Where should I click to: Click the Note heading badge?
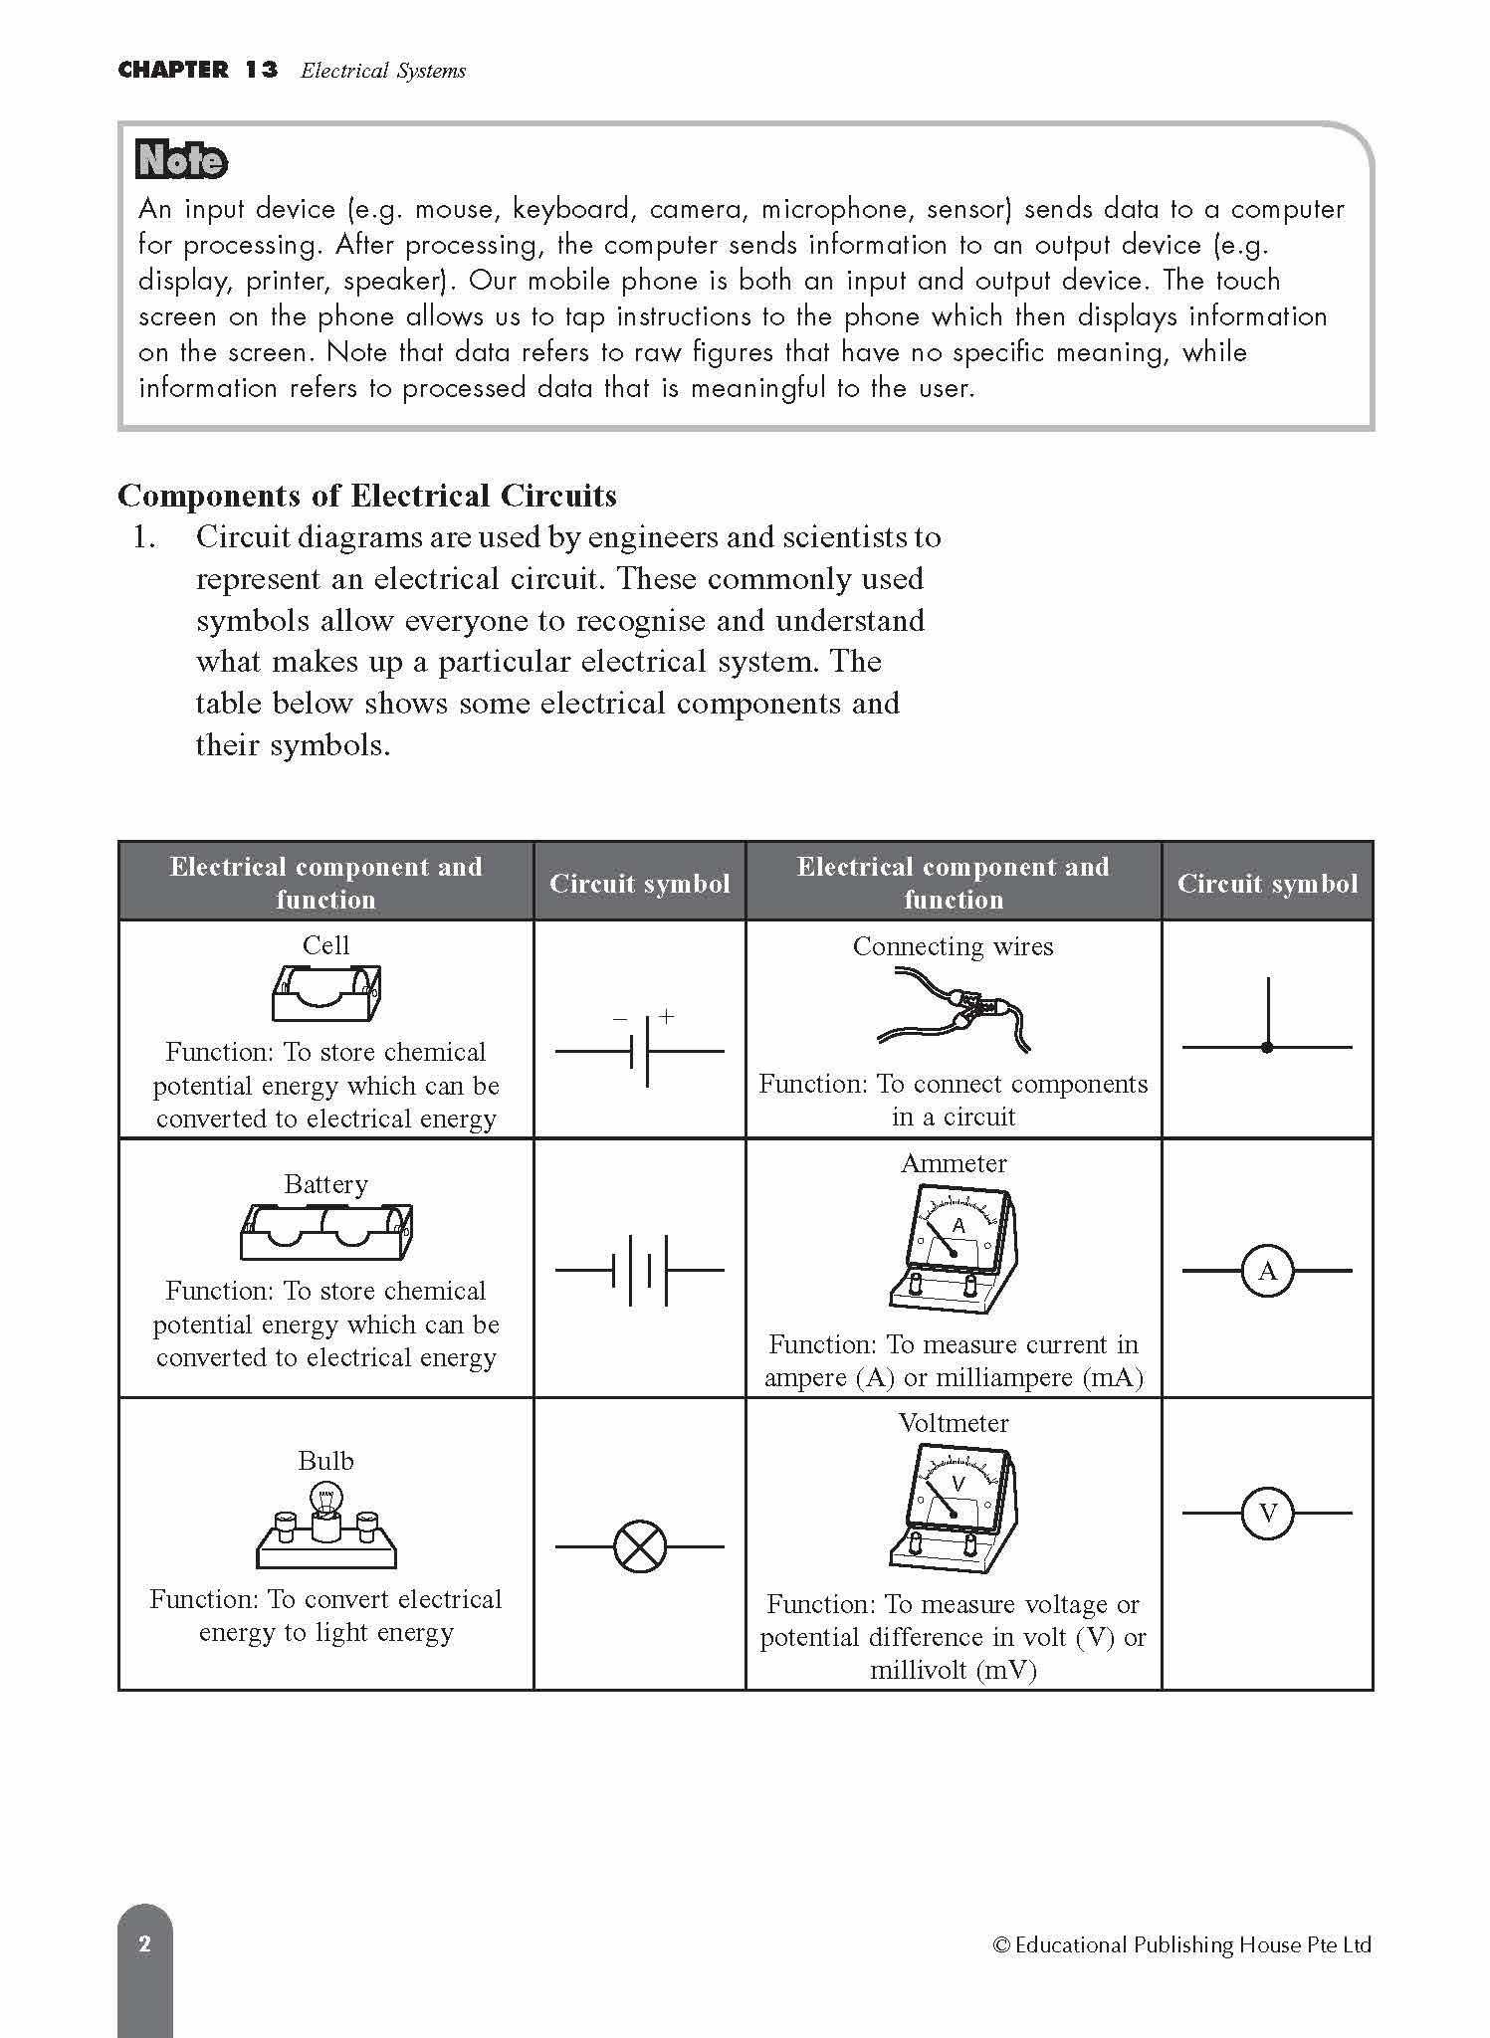[x=182, y=160]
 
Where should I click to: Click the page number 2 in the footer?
[x=145, y=1943]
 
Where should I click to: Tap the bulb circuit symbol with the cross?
[x=640, y=1546]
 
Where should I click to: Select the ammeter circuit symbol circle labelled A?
[x=1267, y=1271]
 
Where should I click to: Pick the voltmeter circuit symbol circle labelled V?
[x=1267, y=1514]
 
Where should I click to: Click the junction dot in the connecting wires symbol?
[x=1267, y=1047]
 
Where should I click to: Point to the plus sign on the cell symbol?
[x=666, y=1016]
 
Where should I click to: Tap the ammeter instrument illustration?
[x=954, y=1249]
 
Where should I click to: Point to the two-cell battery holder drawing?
[x=326, y=1231]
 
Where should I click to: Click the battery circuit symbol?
[x=640, y=1271]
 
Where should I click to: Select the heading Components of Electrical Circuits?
[x=367, y=496]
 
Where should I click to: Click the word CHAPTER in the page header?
[x=173, y=70]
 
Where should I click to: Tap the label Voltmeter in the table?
[x=954, y=1423]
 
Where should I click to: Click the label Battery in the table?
[x=326, y=1184]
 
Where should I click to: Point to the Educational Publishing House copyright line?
[x=1181, y=1943]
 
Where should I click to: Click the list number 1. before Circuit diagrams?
[x=144, y=537]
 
